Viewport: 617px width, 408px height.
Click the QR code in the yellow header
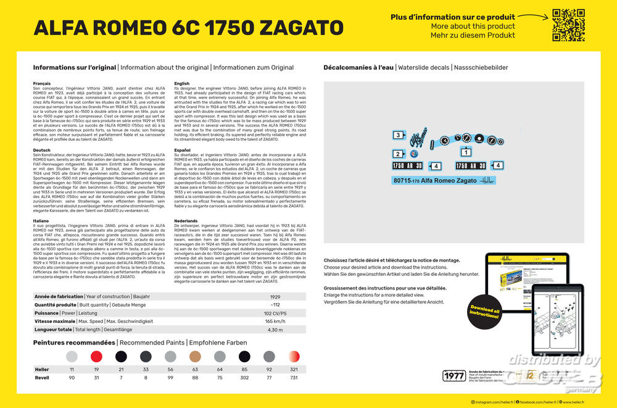point(568,25)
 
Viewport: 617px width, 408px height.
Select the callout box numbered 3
point(398,135)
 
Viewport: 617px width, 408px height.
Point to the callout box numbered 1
point(466,151)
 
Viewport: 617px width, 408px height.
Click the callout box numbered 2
point(398,154)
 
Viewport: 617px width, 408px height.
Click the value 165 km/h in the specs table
point(275,322)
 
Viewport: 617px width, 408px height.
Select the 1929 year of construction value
point(275,297)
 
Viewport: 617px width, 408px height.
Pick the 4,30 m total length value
point(275,330)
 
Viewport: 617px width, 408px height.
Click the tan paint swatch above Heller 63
point(195,356)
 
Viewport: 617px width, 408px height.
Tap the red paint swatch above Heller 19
point(96,356)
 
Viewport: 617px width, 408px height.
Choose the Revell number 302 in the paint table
point(244,377)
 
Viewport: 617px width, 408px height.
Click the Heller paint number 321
point(294,369)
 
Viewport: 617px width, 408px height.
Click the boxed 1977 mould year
point(455,376)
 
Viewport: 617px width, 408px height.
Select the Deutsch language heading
point(42,149)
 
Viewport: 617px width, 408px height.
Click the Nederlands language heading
point(186,220)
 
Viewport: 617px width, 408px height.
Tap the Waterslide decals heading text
point(424,67)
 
